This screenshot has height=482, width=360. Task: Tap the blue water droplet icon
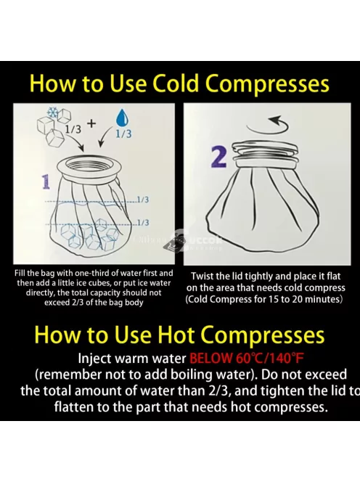click(x=123, y=118)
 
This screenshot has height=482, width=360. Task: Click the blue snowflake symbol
click(x=52, y=113)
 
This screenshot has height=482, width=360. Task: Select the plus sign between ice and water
click(x=91, y=123)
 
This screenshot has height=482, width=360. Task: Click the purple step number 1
click(x=46, y=181)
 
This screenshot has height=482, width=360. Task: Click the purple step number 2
click(x=219, y=157)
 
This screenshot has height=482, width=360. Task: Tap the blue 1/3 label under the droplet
click(x=123, y=134)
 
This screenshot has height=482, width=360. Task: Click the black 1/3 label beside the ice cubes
click(x=73, y=129)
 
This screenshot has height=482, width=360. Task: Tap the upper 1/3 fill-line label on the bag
click(x=143, y=200)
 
